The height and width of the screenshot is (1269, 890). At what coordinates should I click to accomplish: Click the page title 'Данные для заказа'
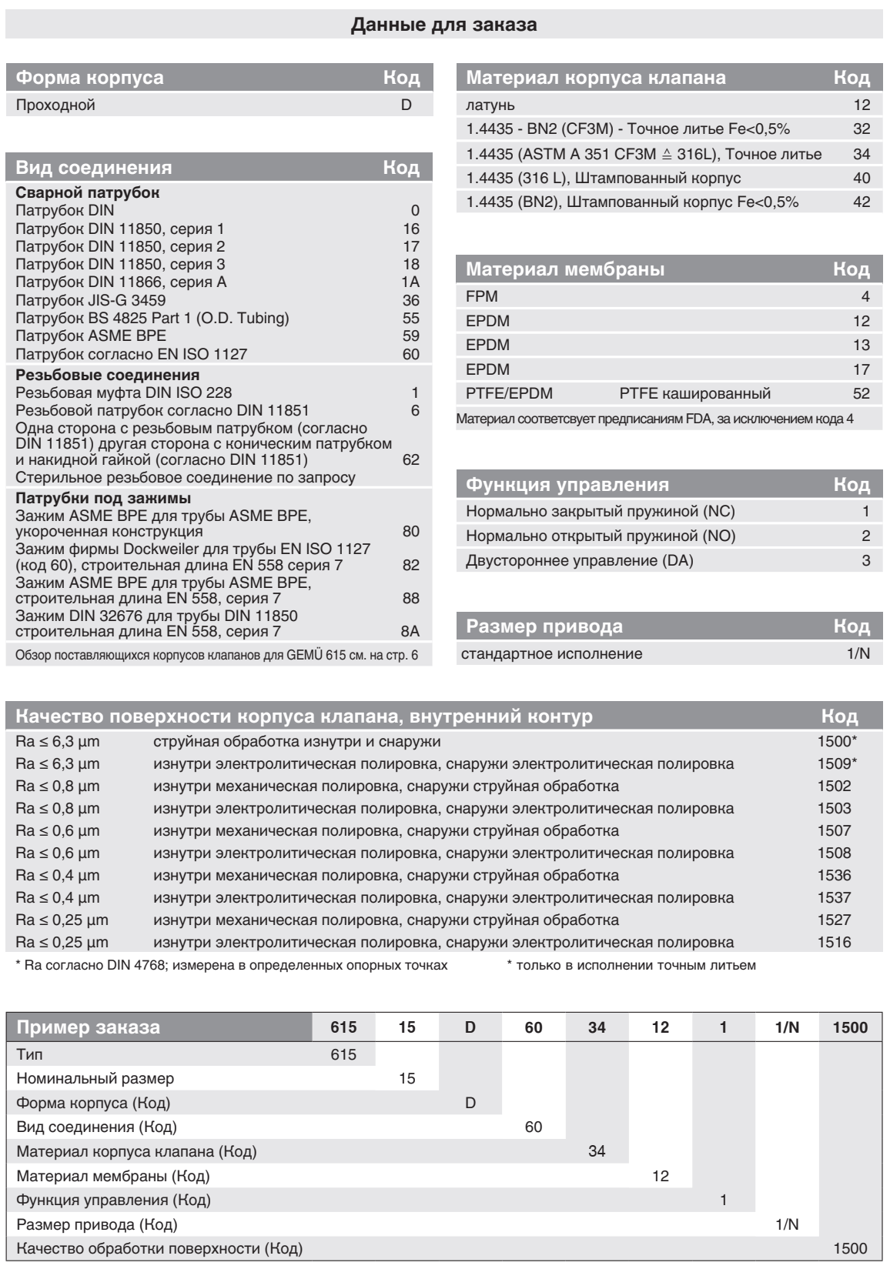tap(444, 25)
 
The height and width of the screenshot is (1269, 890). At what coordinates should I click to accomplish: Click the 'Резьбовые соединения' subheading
tap(108, 375)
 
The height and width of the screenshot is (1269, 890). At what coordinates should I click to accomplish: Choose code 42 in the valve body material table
tap(862, 202)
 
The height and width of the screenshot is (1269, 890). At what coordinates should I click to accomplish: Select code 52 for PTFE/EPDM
tap(862, 393)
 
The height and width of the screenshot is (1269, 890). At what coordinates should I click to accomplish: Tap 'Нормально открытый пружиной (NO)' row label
tap(601, 536)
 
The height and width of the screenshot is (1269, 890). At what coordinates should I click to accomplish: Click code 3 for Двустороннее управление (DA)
tap(866, 561)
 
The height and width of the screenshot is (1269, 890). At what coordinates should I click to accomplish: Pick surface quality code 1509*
tap(837, 764)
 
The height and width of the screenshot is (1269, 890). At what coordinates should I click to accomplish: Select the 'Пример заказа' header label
tap(89, 1027)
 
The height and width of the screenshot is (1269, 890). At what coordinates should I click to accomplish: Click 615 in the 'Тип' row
tap(343, 1054)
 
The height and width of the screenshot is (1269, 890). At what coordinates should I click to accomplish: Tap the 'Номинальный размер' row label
tap(95, 1078)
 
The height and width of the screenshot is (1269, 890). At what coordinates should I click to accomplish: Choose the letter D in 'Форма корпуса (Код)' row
tap(470, 1103)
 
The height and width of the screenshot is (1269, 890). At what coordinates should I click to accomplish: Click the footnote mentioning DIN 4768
tap(231, 966)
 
